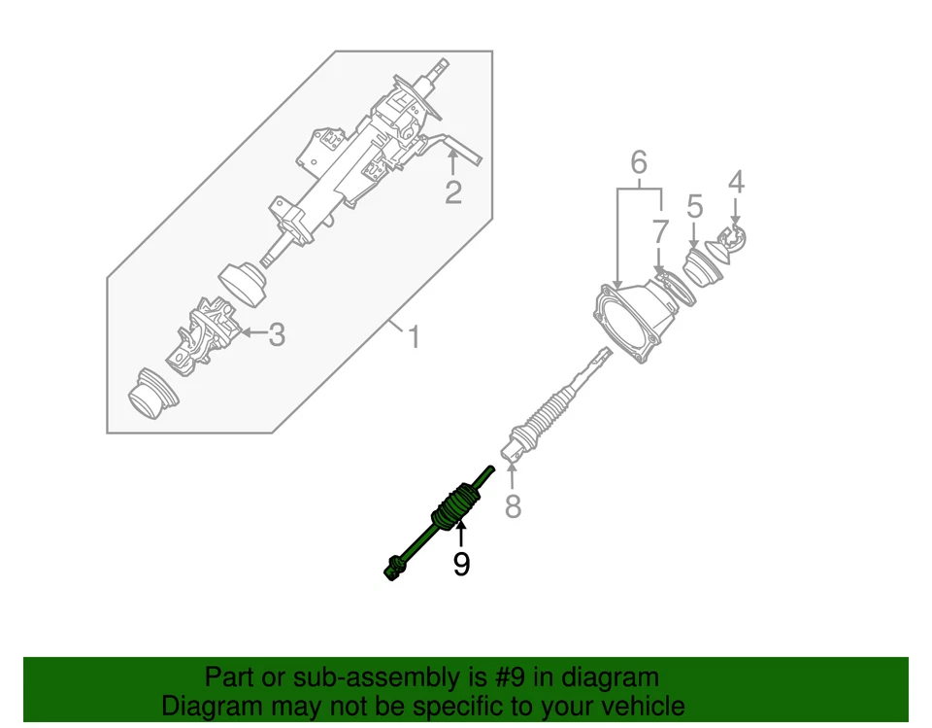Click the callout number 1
(415, 338)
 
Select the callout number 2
(453, 191)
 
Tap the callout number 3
(277, 335)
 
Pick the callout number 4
(736, 181)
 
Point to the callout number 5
(695, 206)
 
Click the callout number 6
(638, 162)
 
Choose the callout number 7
(660, 231)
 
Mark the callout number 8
(513, 505)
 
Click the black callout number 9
(461, 563)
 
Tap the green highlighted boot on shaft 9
(452, 503)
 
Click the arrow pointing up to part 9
(461, 533)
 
